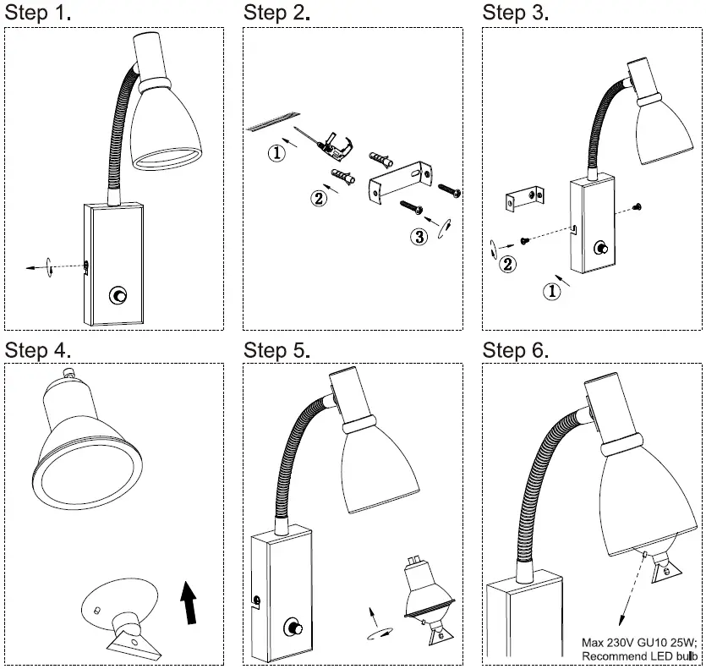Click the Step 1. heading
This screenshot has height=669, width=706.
coord(38,13)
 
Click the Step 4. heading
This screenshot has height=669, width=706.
coord(38,350)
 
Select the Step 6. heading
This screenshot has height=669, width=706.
coord(516,350)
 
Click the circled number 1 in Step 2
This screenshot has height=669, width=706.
coord(276,153)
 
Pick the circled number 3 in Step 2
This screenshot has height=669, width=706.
coord(419,237)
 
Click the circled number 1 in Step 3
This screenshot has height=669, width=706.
coord(551,292)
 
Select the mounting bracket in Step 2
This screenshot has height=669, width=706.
coord(397,183)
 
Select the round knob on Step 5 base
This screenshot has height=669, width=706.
coord(296,628)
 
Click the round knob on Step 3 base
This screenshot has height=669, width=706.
coord(601,247)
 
